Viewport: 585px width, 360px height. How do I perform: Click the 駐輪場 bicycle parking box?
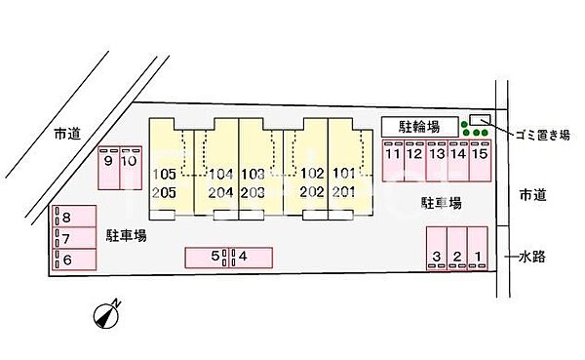(x=418, y=128)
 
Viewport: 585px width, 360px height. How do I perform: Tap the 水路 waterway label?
(x=531, y=258)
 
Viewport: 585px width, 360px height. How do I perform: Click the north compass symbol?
(x=106, y=315)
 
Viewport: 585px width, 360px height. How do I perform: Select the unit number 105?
(x=164, y=174)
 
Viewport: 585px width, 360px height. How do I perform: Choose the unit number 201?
(x=342, y=191)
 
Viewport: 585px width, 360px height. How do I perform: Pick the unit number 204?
(x=220, y=191)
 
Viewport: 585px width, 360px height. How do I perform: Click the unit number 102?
(x=311, y=174)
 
